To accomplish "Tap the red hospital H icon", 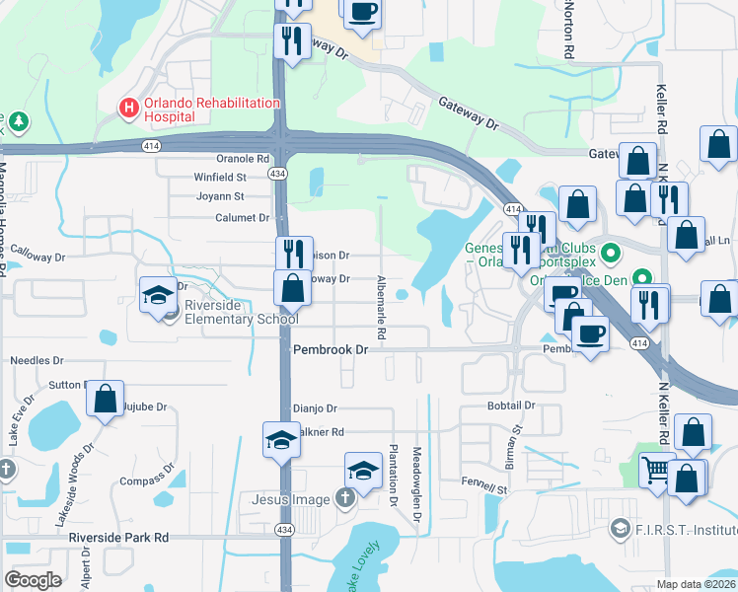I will (x=127, y=107).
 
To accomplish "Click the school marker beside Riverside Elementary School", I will (x=159, y=295).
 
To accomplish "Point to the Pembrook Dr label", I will (x=331, y=350).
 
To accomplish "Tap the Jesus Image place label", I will (x=290, y=499).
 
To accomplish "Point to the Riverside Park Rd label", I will (x=119, y=538).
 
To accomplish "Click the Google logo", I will (x=33, y=579).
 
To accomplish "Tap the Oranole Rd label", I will (x=243, y=158).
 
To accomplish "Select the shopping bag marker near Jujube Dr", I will (x=105, y=398).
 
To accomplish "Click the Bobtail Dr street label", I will (x=511, y=406).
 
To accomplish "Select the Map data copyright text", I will (x=695, y=584).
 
